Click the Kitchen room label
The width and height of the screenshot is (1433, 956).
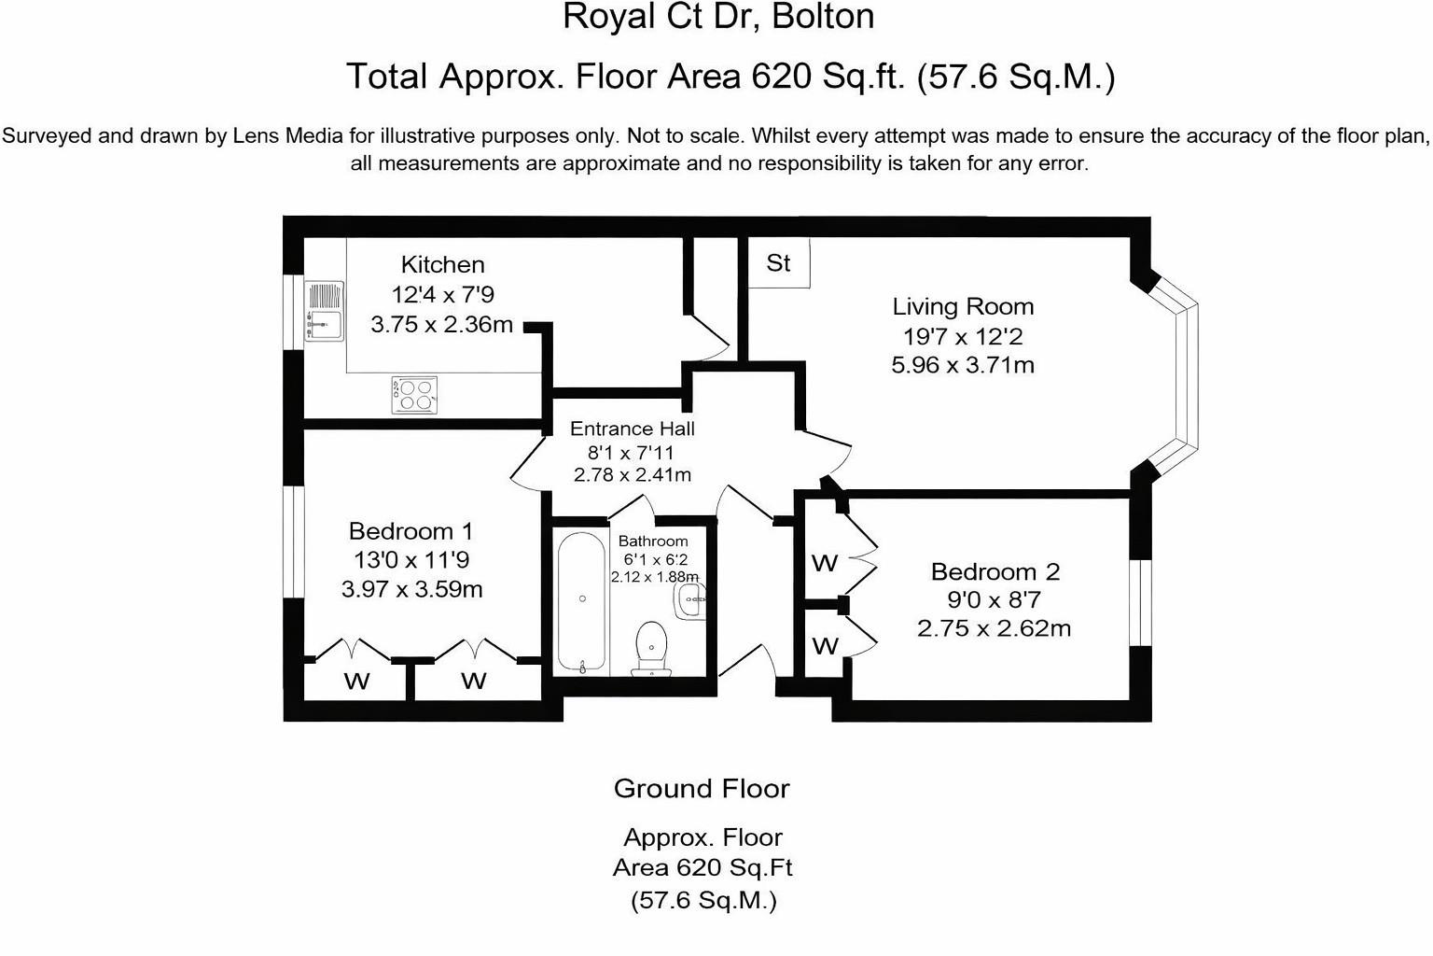click(442, 265)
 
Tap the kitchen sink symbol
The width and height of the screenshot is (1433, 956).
click(324, 311)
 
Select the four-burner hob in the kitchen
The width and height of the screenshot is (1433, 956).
click(414, 395)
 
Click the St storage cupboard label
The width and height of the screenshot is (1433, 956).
click(778, 263)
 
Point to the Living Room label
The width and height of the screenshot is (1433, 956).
click(963, 306)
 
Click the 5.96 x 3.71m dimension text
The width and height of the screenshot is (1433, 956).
click(963, 365)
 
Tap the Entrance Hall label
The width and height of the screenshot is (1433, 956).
click(632, 429)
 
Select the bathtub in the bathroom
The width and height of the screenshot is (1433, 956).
click(582, 603)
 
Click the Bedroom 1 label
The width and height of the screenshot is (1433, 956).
click(410, 531)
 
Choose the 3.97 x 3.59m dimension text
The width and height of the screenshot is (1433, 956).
click(411, 590)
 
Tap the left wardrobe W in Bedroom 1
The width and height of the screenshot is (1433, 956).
click(356, 681)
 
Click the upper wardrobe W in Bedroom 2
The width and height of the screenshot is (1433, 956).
click(825, 563)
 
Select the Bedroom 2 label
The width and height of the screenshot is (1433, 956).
click(995, 571)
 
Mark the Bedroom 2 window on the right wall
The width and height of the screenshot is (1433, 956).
click(1137, 602)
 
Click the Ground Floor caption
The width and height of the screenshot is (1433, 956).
click(702, 789)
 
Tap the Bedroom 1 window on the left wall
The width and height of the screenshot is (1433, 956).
click(294, 541)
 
